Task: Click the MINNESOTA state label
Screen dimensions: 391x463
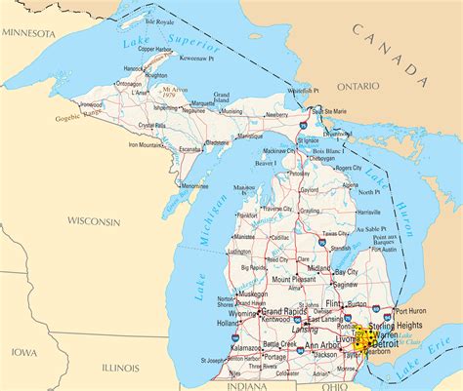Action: pos(29,32)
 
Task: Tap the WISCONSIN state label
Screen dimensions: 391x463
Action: pos(87,221)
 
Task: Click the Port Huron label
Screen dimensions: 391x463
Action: pos(409,311)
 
